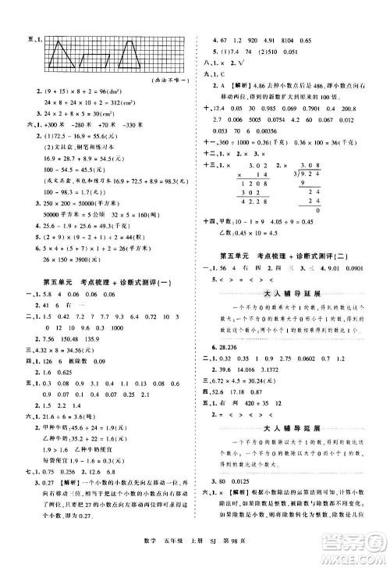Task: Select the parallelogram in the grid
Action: click(x=96, y=56)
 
